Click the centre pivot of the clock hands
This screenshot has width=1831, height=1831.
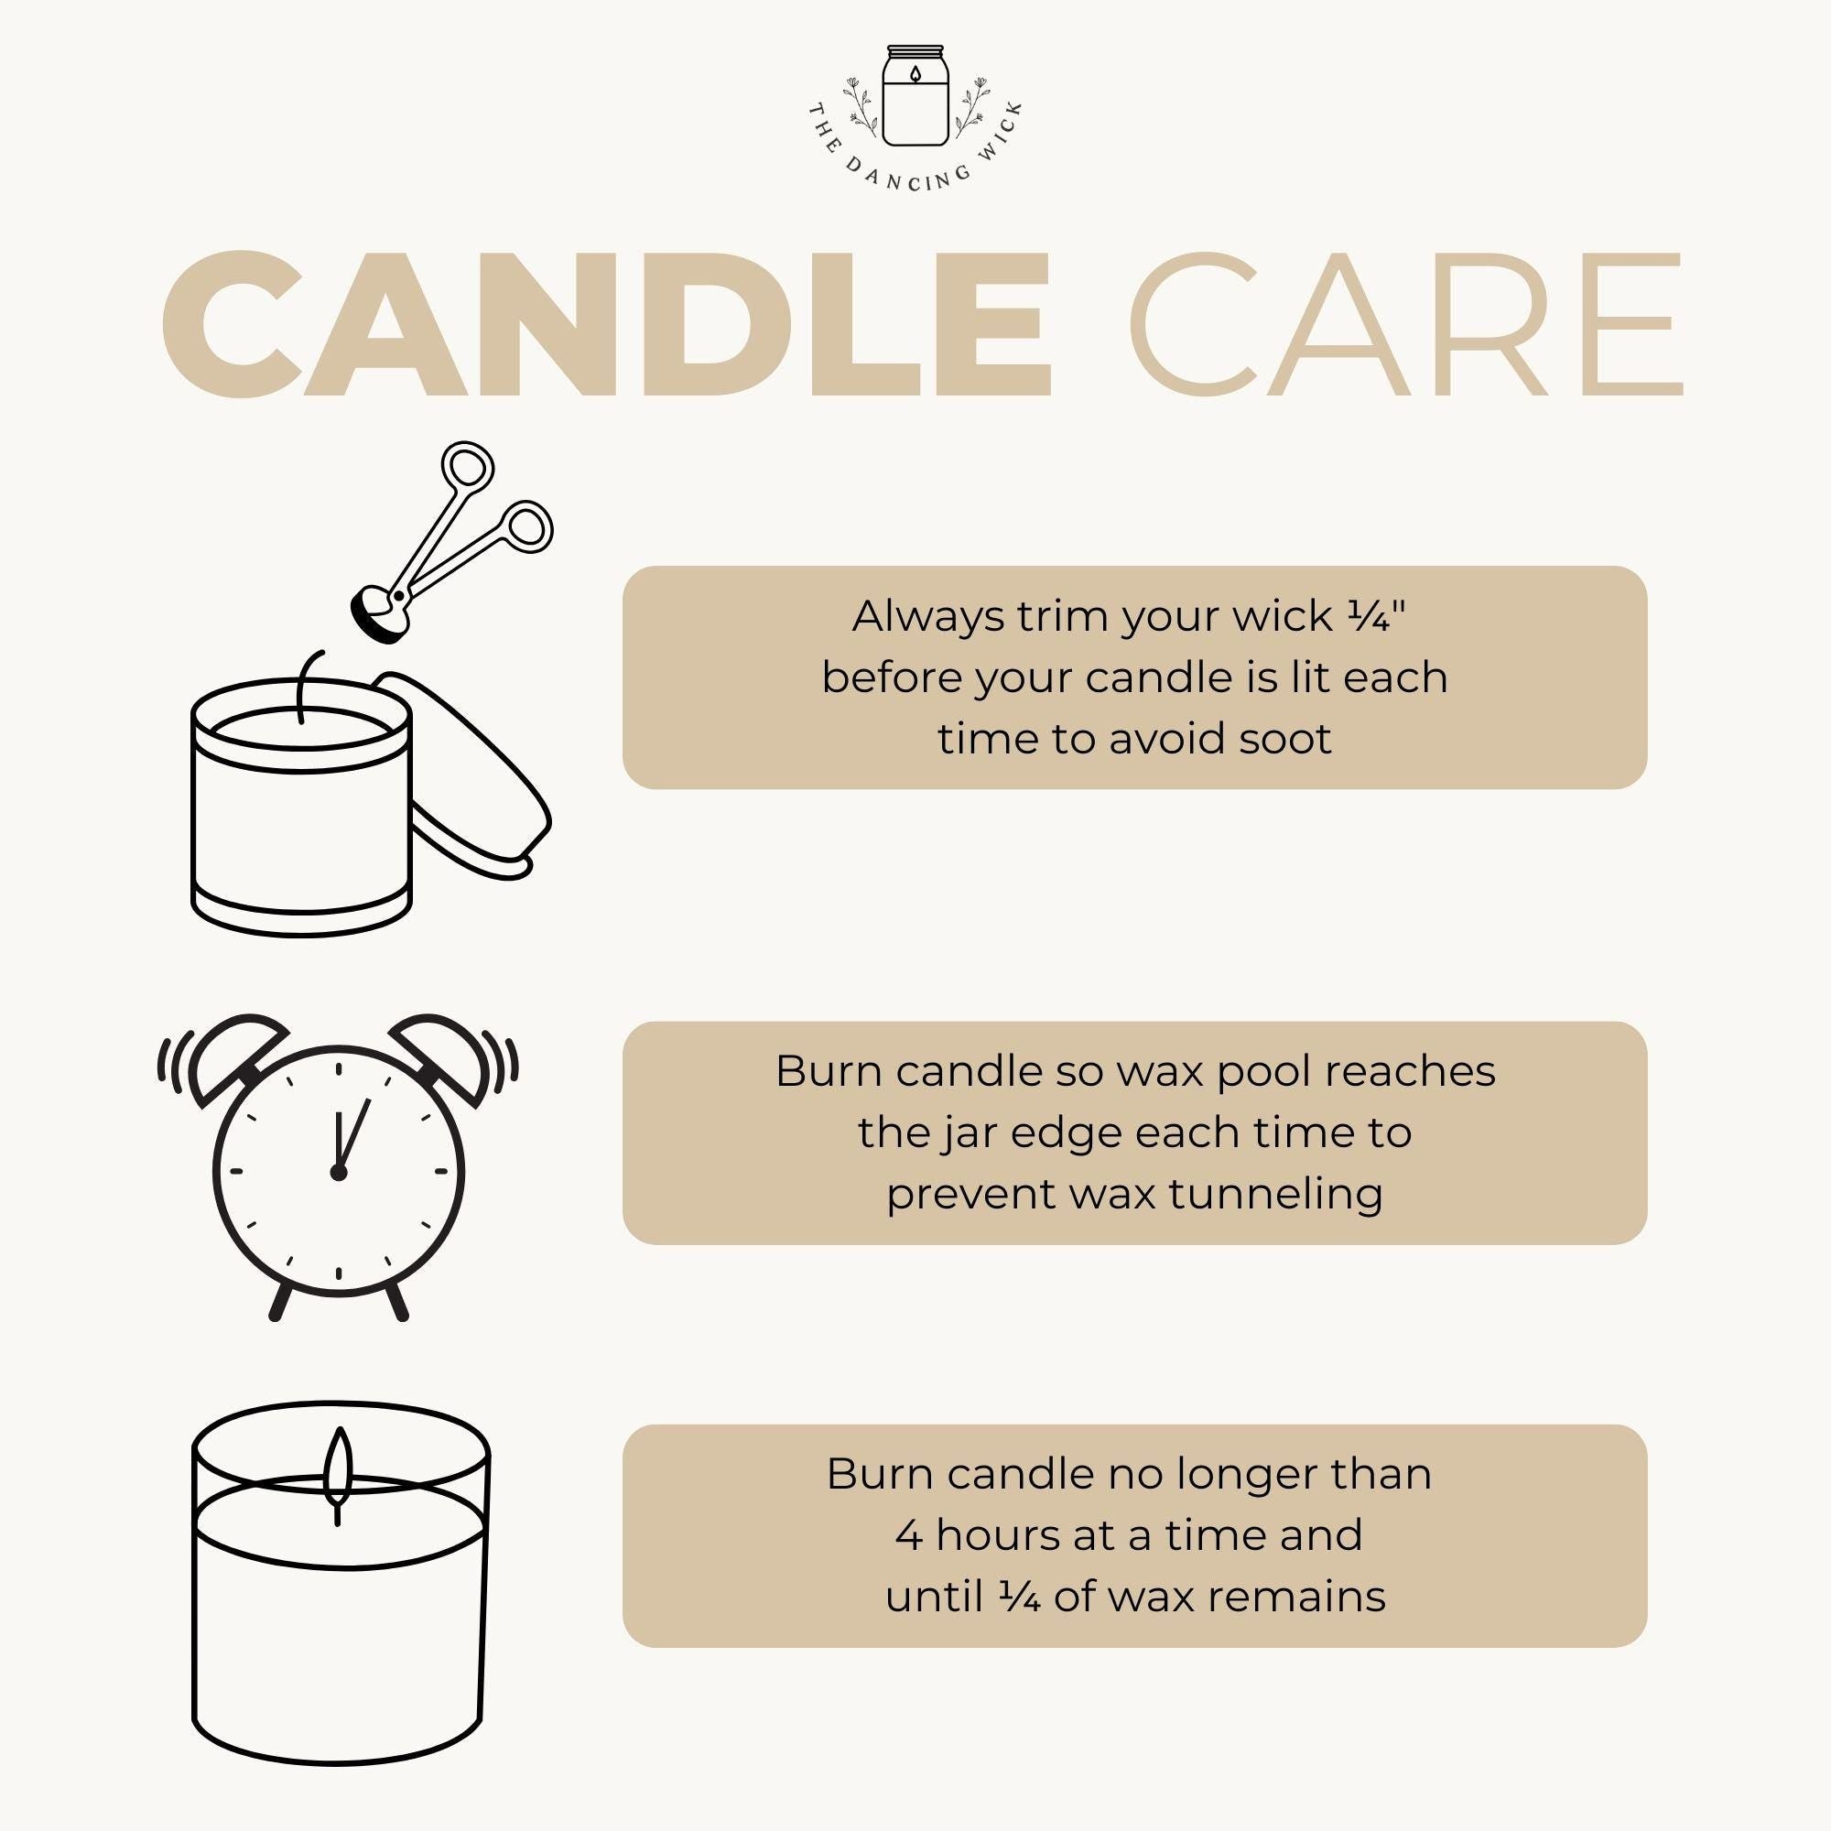339,1173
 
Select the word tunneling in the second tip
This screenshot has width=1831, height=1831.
1275,1193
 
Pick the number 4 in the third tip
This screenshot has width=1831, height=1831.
909,1535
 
